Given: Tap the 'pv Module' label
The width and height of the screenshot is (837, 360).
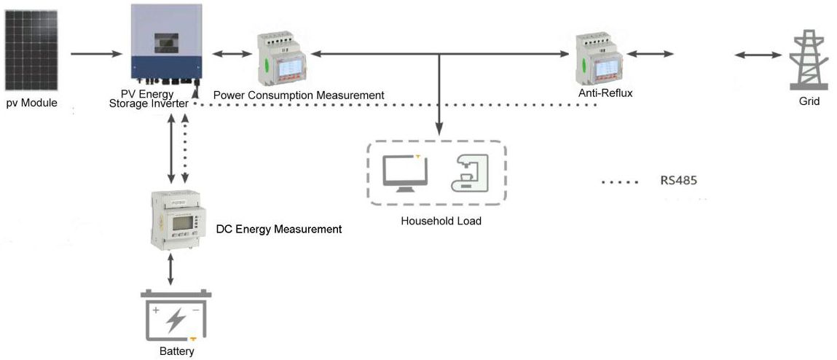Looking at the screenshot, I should [x=32, y=103].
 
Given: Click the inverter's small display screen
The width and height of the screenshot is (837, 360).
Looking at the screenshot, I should [x=167, y=43].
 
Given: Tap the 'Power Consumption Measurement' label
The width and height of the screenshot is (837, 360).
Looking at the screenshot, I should [x=299, y=95].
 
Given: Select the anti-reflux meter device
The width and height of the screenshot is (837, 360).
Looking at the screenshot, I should [x=600, y=60].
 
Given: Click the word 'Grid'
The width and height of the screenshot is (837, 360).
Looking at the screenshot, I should [x=809, y=102].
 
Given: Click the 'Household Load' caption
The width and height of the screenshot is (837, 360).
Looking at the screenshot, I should [x=441, y=221].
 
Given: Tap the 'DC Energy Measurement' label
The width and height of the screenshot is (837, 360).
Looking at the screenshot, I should [x=279, y=229].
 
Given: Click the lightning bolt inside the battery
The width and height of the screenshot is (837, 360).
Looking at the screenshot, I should [x=176, y=319].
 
